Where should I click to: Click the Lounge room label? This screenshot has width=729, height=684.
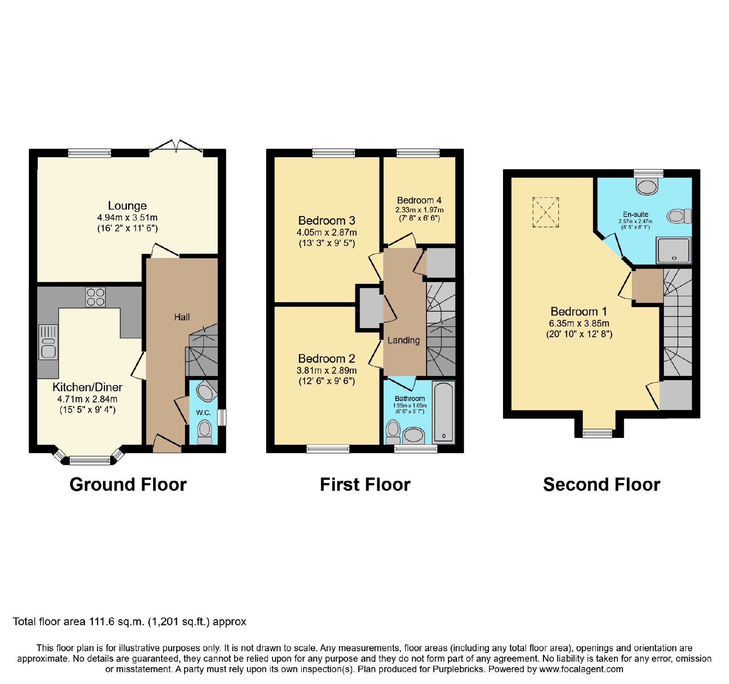(127, 206)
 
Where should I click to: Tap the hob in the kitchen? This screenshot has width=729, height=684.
(96, 297)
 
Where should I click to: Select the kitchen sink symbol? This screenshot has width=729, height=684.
(48, 342)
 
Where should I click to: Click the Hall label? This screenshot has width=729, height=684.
(182, 317)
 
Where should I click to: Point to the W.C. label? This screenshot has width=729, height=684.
(204, 413)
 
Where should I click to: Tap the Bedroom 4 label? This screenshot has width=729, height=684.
(419, 200)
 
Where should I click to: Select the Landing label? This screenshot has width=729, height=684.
(404, 340)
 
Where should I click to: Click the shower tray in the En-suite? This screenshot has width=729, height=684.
(673, 251)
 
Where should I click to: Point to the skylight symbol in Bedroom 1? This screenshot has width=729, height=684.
(546, 212)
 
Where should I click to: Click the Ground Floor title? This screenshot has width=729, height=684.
(128, 484)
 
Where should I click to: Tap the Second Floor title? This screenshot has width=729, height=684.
(601, 484)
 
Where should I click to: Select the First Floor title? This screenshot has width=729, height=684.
(365, 484)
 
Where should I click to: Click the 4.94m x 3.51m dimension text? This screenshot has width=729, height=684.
(128, 217)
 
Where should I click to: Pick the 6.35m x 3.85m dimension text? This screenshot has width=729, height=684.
(579, 323)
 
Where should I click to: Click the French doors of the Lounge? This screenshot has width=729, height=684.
(176, 146)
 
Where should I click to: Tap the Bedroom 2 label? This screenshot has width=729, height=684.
(327, 359)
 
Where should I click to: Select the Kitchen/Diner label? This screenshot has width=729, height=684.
(87, 387)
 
